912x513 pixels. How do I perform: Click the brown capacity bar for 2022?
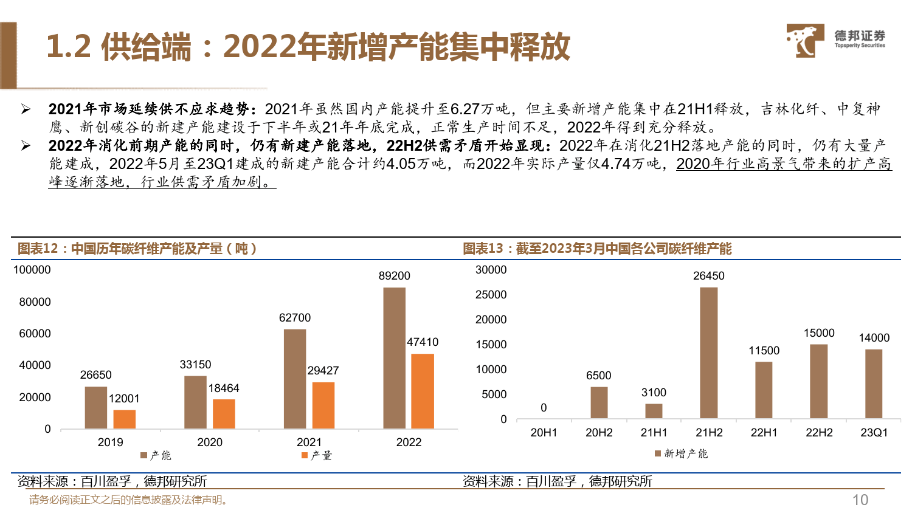coord(394,358)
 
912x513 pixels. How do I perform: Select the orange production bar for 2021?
coord(323,405)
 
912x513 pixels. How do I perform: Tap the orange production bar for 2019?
coord(124,419)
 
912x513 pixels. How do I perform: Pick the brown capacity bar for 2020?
coord(195,402)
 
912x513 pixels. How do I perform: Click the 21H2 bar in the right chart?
coord(708,353)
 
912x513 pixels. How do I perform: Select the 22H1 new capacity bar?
coord(764,390)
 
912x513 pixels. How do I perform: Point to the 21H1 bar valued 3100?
coord(654,411)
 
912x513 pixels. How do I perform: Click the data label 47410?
coord(423,342)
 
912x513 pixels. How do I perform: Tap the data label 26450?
coord(708,276)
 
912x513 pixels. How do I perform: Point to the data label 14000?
coord(874,338)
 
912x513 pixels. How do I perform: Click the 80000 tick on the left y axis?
coord(35,302)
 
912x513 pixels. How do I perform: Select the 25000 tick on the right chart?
coord(491,295)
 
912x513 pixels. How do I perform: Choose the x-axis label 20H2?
coord(598,433)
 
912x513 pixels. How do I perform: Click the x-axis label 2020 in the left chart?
coord(210,442)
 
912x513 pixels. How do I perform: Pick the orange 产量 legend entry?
coord(317,455)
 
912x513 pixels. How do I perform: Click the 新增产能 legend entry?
coord(681,453)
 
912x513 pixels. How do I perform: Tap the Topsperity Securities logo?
coord(835,41)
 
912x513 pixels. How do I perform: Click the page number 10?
coord(860,500)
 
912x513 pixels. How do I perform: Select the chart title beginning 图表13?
coord(597,249)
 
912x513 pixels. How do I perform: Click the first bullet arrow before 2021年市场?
coord(26,109)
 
